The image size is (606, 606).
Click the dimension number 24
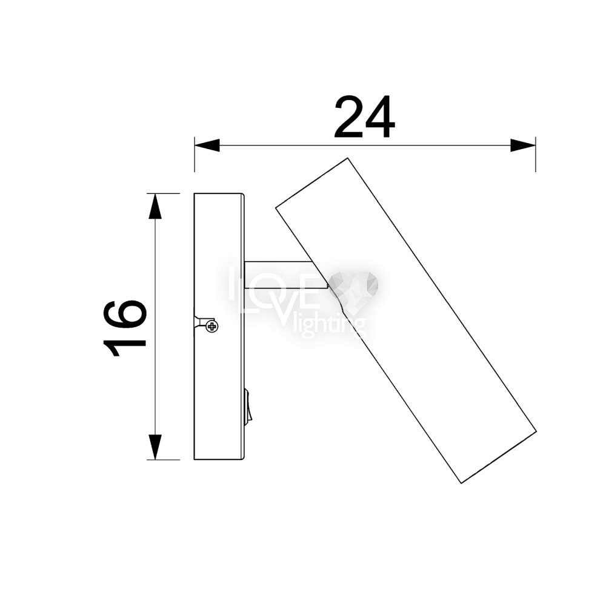point(364,117)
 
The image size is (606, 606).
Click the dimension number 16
point(125,328)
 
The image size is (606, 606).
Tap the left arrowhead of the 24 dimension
point(207,145)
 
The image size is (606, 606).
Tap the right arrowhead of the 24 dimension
point(523,145)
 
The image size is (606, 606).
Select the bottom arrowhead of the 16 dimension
point(155,447)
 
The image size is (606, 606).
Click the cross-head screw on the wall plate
point(212,327)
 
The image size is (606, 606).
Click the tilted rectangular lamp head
point(406,321)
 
